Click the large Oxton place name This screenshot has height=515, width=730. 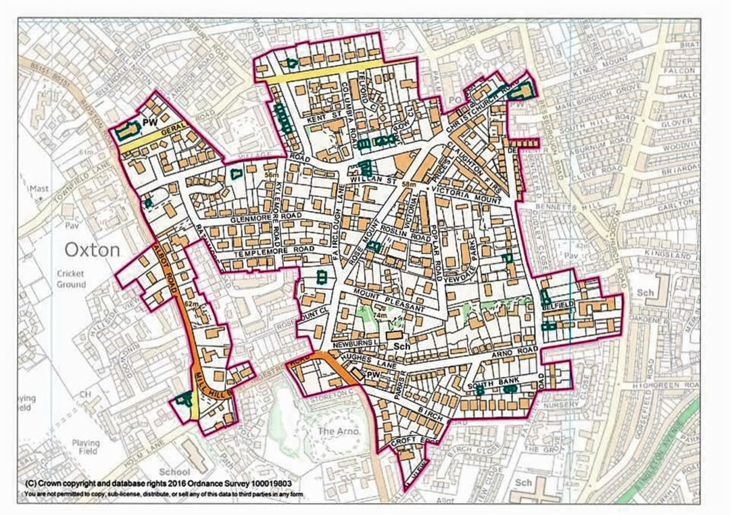point(93,250)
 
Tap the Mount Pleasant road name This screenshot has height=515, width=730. point(386,301)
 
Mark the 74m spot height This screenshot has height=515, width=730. point(381,315)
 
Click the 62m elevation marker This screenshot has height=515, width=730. point(192,305)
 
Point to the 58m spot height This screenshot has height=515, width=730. point(408,184)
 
